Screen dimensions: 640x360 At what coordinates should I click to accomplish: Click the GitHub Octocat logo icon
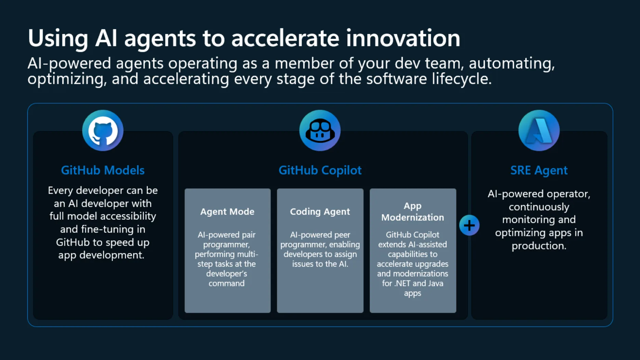point(103,130)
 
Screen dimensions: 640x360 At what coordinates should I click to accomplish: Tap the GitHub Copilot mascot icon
point(320,130)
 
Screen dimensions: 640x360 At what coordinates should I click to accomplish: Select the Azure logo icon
point(539,130)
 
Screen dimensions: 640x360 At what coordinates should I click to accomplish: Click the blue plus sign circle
point(469,225)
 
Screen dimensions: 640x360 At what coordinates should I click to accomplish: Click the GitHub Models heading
point(103,170)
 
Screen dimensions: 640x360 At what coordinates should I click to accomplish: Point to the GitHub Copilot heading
point(320,170)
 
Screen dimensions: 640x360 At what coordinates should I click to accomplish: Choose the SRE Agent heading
point(539,170)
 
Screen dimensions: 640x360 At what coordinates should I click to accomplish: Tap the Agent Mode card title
point(227,212)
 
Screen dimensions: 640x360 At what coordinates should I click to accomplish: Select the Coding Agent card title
point(320,212)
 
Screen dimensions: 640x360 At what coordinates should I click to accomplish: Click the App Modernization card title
point(413,212)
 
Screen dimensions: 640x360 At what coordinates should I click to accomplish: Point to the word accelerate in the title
point(285,38)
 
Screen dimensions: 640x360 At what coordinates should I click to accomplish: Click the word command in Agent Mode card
point(226,283)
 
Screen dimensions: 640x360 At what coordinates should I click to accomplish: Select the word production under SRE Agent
point(539,246)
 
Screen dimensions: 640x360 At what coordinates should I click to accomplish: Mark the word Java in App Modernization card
point(435,283)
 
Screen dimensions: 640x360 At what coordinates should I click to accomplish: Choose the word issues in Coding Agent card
point(302,264)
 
